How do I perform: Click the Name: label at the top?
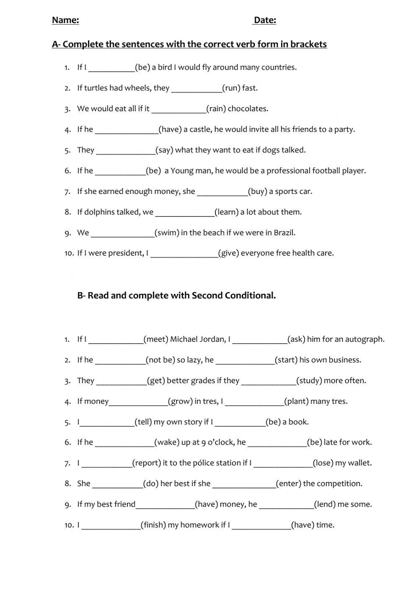click(x=65, y=20)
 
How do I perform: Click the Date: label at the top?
click(x=265, y=20)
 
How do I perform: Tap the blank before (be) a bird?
click(x=111, y=68)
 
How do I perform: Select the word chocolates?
click(x=248, y=109)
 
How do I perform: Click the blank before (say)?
click(x=126, y=151)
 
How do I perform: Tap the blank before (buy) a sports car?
click(x=222, y=192)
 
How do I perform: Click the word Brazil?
click(x=285, y=233)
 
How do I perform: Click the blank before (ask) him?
click(x=260, y=340)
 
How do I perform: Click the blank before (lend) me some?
click(x=287, y=505)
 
